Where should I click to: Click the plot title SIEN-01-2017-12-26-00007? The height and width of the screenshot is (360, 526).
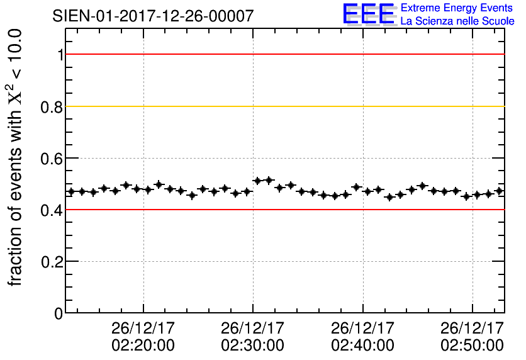click(x=154, y=16)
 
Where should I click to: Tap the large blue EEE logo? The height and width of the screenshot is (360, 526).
click(x=369, y=14)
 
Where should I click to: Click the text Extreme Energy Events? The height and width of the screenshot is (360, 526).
click(x=457, y=8)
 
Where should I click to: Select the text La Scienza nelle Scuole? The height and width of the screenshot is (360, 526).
click(x=457, y=21)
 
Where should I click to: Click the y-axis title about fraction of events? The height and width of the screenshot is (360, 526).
click(x=16, y=157)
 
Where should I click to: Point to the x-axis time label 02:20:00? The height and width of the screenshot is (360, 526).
click(x=143, y=346)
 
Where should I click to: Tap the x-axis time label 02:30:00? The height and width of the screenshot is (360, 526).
click(x=253, y=346)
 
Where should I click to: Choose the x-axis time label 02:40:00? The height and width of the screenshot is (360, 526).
click(x=363, y=346)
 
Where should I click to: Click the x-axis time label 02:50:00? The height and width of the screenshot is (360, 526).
click(x=473, y=346)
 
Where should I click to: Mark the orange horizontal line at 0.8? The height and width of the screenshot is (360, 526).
click(x=283, y=106)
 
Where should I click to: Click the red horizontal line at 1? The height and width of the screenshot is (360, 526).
click(x=283, y=55)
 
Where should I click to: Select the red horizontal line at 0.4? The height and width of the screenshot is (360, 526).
click(x=283, y=210)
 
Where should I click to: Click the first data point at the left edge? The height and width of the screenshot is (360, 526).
click(x=71, y=191)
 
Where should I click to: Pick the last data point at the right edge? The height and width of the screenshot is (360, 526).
click(x=499, y=191)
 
